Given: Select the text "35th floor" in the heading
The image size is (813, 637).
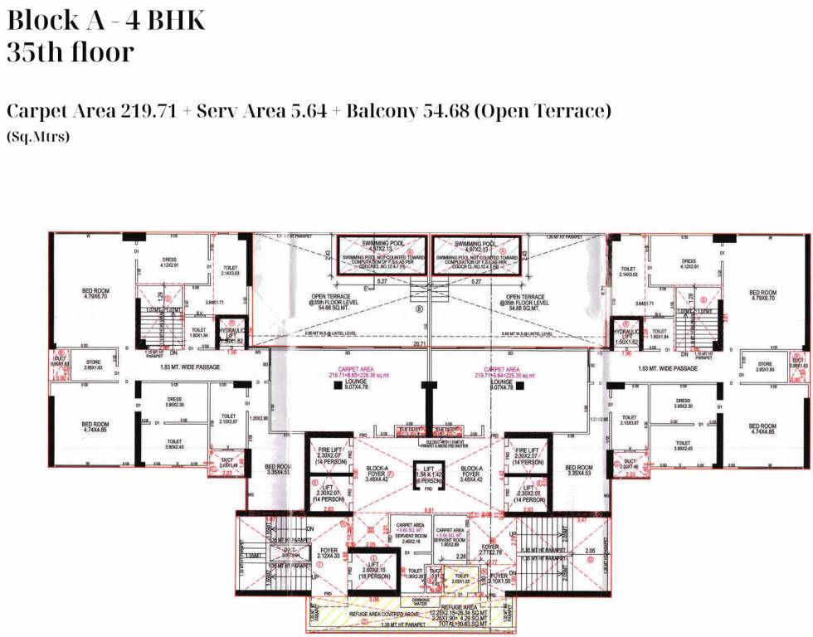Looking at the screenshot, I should point(70,52).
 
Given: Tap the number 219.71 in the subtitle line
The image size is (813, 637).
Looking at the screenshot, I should point(148,111).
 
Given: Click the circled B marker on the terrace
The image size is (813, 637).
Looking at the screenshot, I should point(420,313).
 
